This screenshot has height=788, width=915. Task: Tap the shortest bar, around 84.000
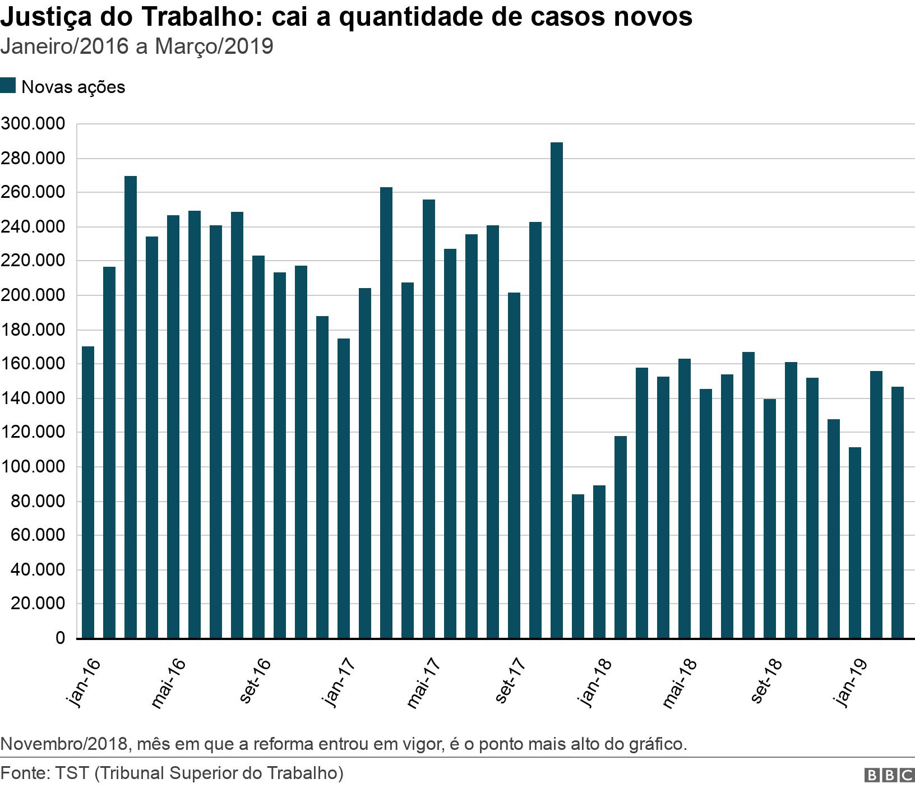click(x=577, y=566)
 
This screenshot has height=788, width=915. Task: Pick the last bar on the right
click(x=897, y=512)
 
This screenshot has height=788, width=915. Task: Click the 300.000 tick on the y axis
click(x=33, y=124)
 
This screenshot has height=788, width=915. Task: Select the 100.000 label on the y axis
click(x=33, y=467)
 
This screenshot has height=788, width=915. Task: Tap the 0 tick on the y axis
click(x=60, y=638)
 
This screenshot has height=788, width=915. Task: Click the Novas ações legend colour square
click(x=8, y=86)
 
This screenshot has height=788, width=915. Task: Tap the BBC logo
click(x=889, y=775)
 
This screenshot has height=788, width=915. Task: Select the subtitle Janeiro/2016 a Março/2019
click(x=137, y=47)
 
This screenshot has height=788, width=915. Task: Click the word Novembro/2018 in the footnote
click(x=65, y=744)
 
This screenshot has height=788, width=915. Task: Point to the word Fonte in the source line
click(x=25, y=773)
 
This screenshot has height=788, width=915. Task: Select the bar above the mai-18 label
click(x=684, y=498)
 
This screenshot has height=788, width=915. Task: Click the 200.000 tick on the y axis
click(x=33, y=295)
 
